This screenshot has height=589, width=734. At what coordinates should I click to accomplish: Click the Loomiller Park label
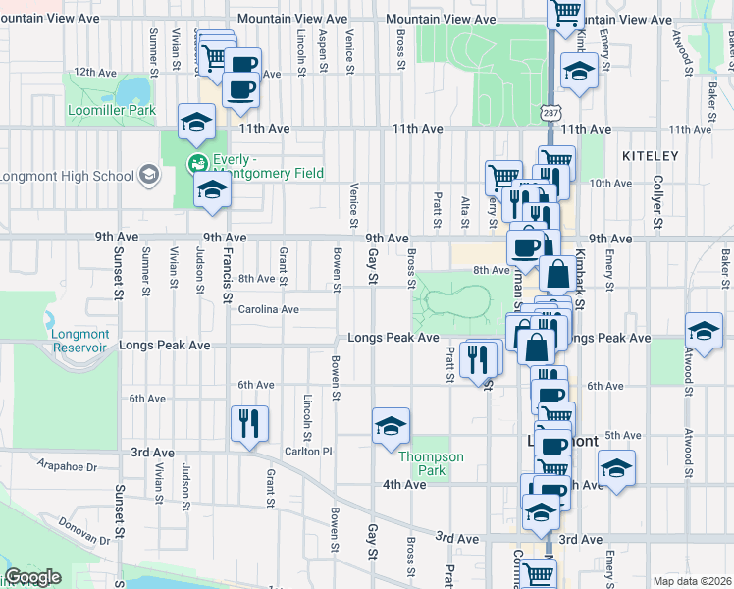112,111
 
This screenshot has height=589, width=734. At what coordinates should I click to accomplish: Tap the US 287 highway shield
550,114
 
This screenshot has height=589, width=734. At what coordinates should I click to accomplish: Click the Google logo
32,578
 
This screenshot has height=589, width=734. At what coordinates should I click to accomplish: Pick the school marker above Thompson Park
391,425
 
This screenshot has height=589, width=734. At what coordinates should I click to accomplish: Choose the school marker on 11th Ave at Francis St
196,122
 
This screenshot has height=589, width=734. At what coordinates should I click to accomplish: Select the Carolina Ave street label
268,310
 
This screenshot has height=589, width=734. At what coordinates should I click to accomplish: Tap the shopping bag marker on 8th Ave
557,274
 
